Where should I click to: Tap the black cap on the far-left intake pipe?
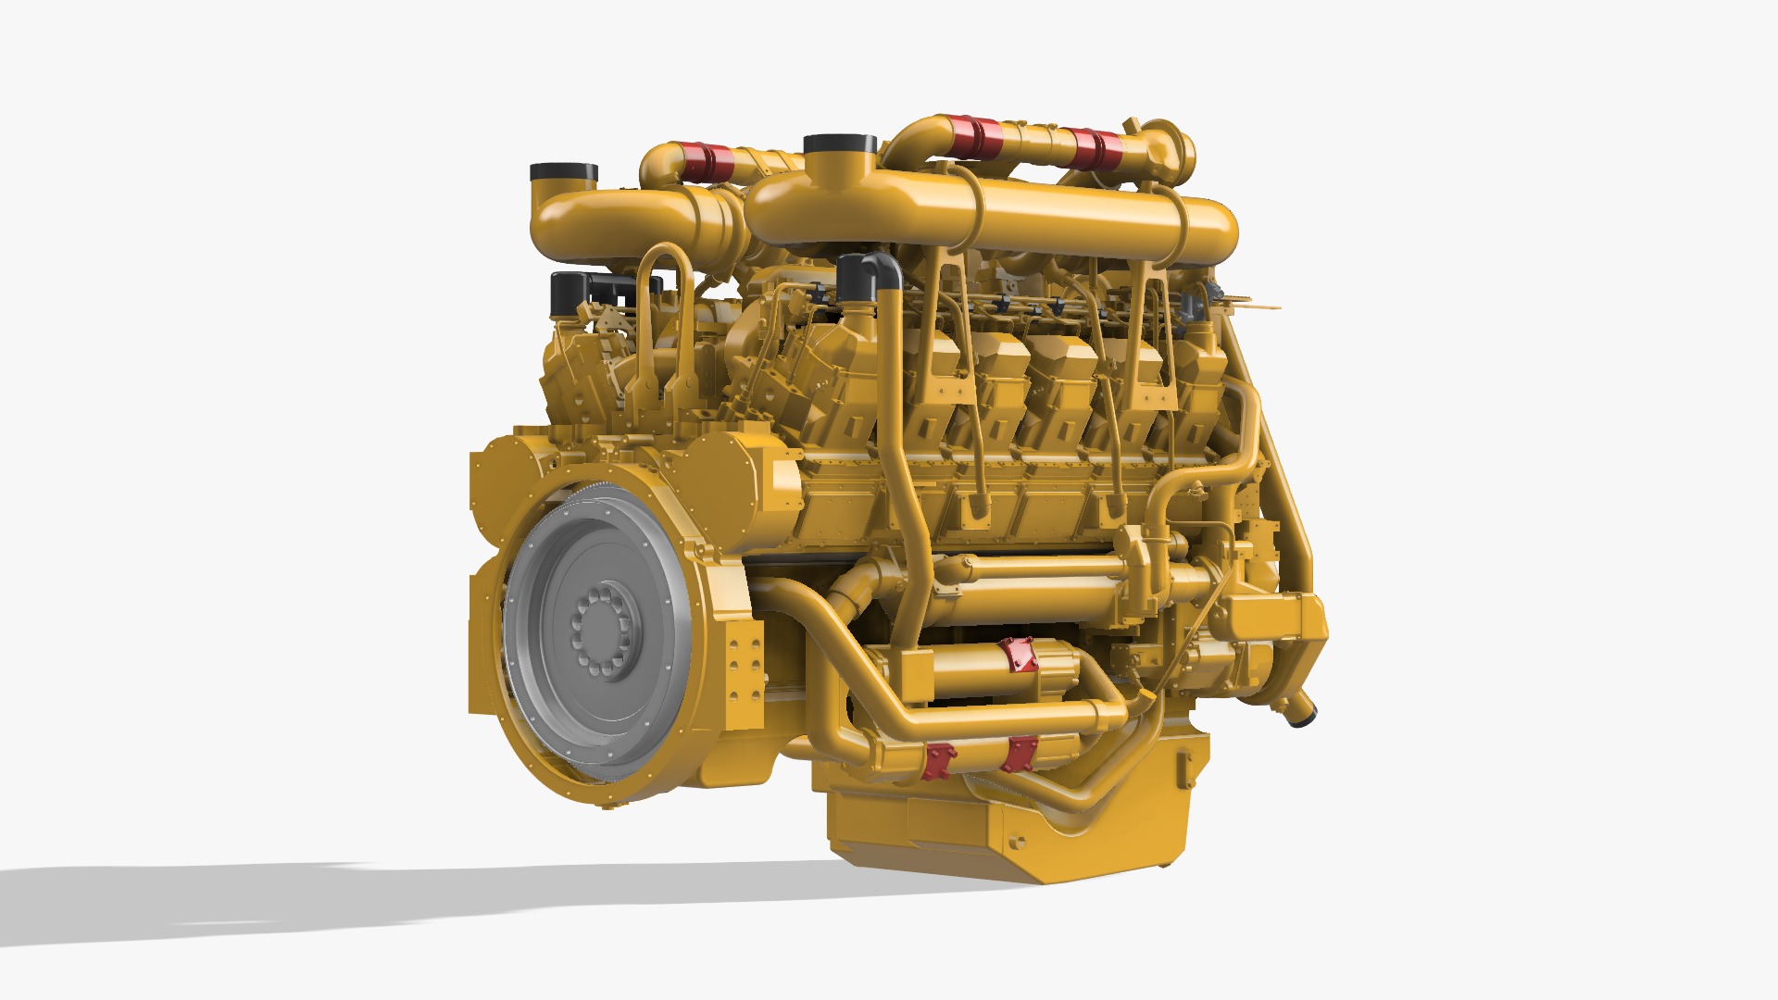(563, 173)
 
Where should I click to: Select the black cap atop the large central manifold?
(840, 145)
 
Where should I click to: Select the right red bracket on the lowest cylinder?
(1020, 753)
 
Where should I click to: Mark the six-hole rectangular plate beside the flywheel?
(744, 669)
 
